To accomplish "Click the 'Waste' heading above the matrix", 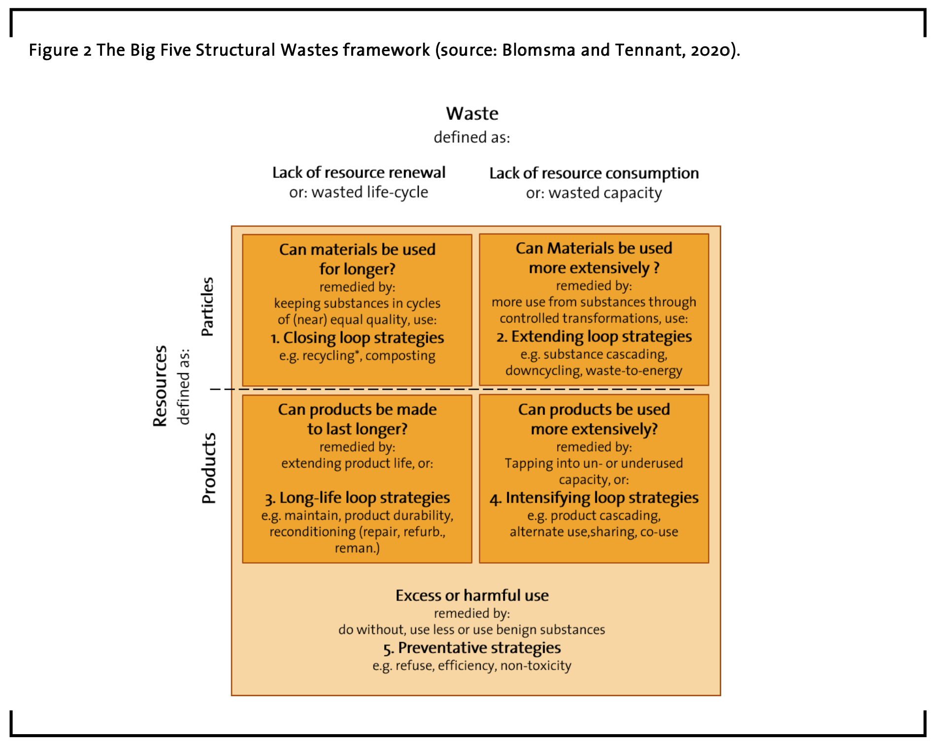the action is tap(472, 114).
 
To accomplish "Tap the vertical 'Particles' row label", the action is tap(207, 306).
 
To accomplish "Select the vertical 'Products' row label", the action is tap(209, 468).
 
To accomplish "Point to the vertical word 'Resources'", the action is tap(160, 386).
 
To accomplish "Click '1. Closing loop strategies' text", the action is tap(357, 338).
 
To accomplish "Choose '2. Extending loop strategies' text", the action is tap(594, 337).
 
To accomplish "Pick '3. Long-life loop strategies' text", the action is tap(357, 498).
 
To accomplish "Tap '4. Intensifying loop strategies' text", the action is tap(594, 498).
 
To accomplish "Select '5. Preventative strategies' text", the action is tap(472, 648).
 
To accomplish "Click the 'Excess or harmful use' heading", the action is tap(472, 596).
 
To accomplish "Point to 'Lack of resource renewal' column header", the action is tap(359, 172).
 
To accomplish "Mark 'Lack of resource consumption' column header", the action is tap(594, 173).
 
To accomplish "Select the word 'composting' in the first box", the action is tap(401, 356).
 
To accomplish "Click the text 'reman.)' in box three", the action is tap(357, 548).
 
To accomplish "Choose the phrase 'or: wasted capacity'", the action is tap(594, 193).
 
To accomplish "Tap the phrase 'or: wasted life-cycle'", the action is tap(359, 192).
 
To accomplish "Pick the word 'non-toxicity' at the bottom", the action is tap(536, 666).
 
